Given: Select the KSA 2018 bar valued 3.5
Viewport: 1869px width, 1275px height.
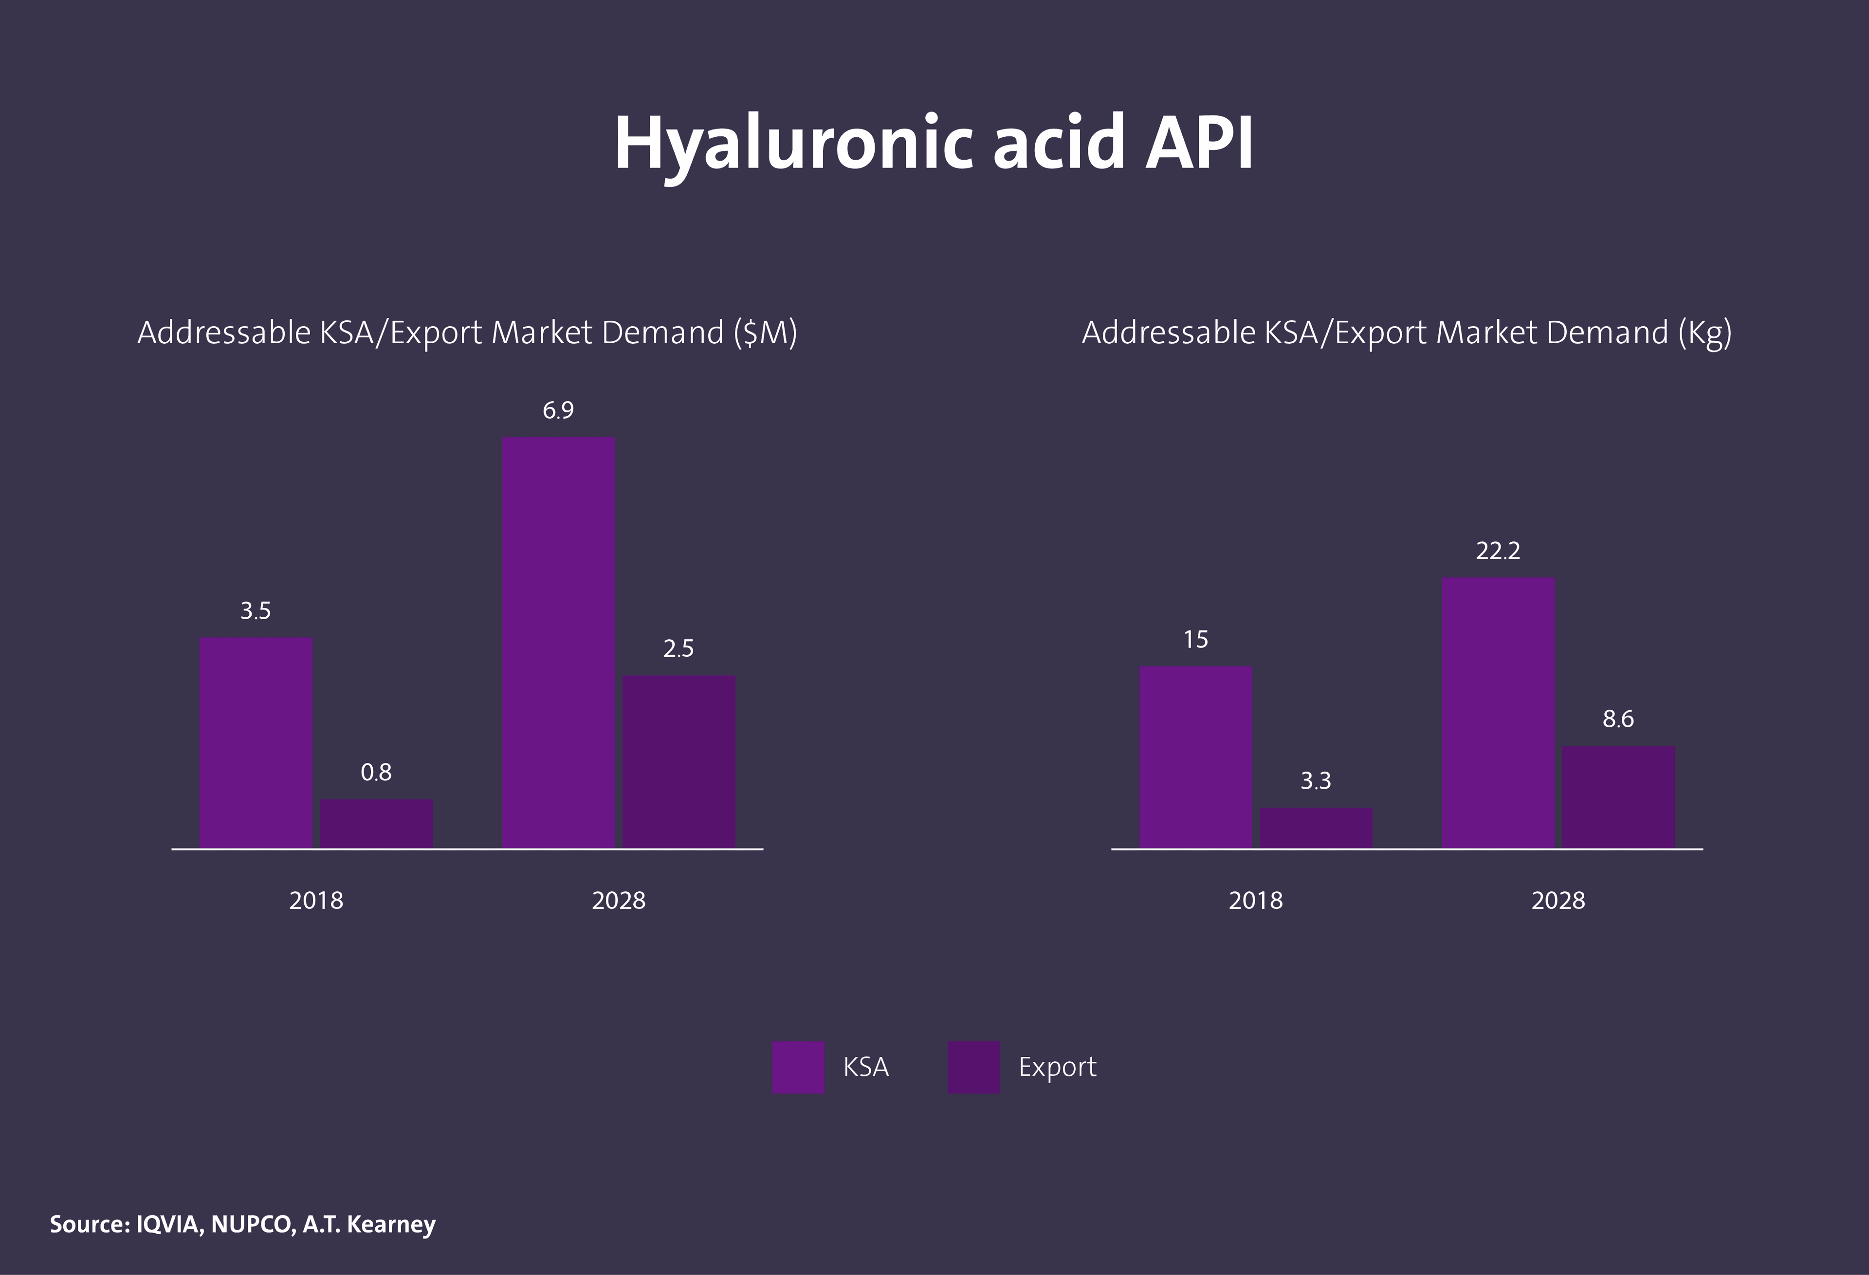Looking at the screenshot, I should point(256,742).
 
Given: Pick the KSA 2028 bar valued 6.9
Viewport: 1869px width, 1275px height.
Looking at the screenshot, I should point(558,642).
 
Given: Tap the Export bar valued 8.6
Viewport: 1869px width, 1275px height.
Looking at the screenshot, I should point(1618,796).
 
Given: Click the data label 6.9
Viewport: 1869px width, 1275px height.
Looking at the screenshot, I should point(558,411).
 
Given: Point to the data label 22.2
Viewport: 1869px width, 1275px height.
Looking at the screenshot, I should point(1498,551).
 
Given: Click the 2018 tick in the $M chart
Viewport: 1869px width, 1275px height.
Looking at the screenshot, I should point(316,900).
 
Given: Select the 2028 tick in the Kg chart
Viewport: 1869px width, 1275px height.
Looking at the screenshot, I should point(1558,900).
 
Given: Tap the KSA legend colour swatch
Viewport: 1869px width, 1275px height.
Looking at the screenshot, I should point(798,1068).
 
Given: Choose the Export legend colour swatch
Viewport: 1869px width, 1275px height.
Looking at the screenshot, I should point(973,1068).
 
